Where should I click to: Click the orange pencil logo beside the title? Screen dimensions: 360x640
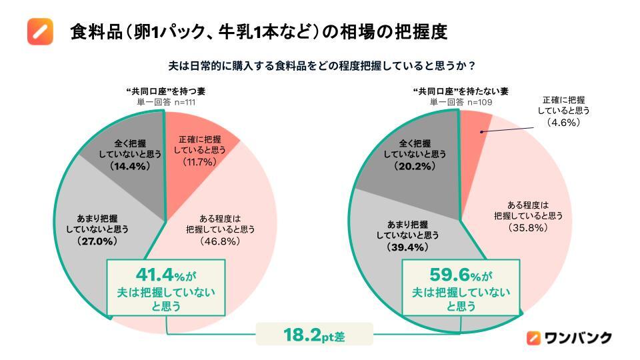40,31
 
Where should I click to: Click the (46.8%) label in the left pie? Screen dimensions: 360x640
219,241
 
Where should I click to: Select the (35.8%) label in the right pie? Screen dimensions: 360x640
529,227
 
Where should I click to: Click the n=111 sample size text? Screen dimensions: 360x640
185,102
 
